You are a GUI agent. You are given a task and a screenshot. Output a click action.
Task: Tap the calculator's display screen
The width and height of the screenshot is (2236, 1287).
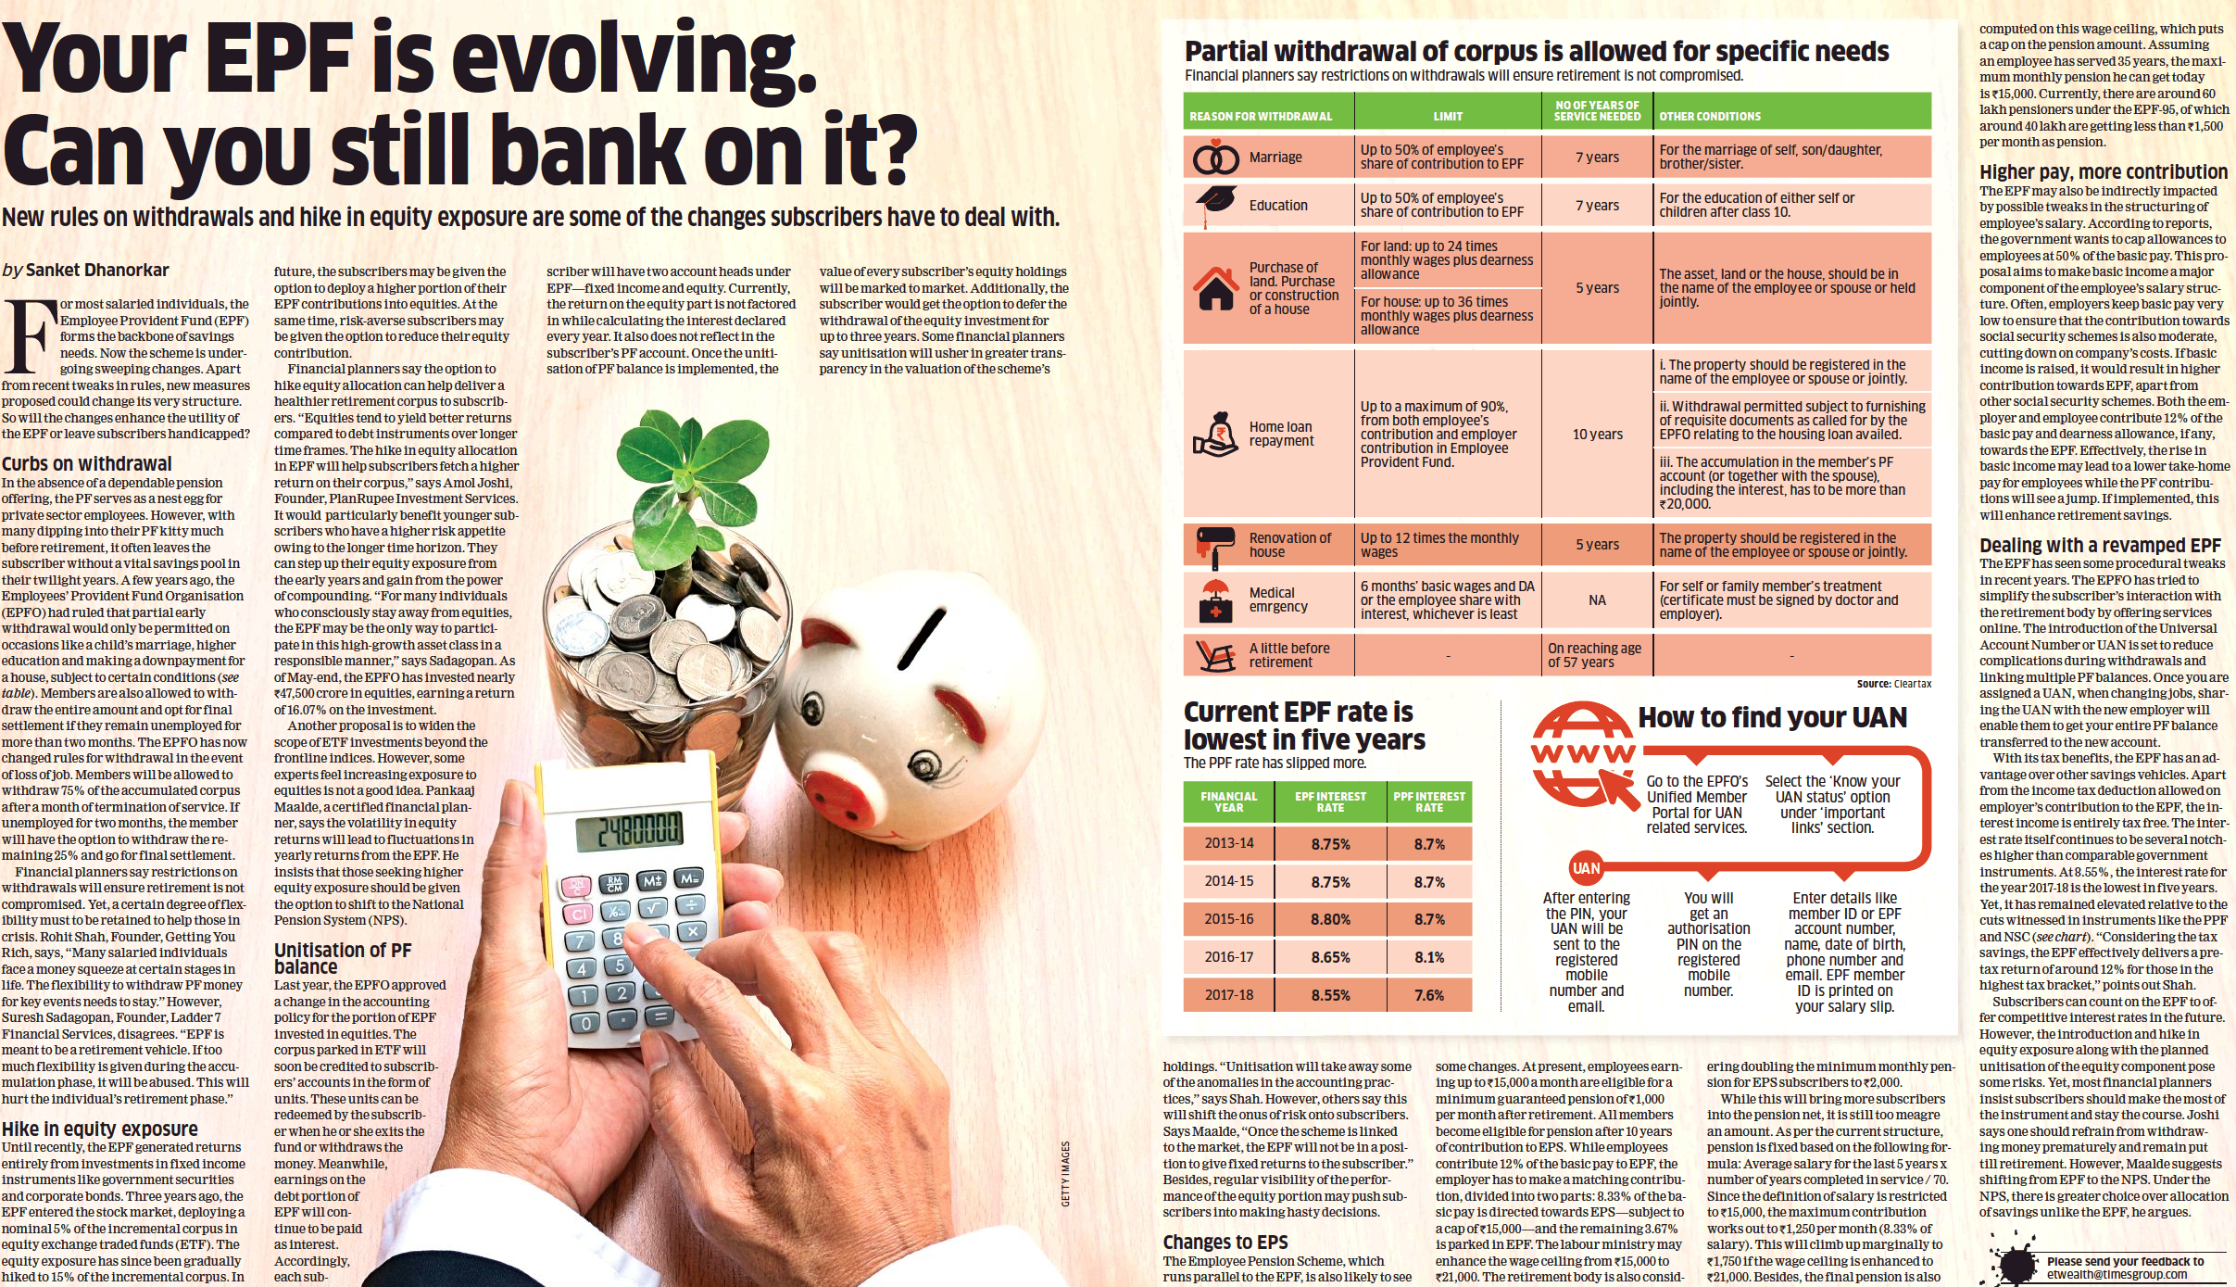[629, 830]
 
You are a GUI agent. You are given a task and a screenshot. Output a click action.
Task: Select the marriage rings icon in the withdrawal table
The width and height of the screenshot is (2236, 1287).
[1215, 158]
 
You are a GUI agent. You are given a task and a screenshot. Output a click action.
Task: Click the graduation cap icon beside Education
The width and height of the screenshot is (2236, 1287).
[1215, 203]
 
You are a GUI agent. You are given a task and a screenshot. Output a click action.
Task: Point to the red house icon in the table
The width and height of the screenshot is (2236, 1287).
[1215, 288]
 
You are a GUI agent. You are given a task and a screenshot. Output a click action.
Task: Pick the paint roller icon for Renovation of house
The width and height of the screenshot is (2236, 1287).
[1215, 545]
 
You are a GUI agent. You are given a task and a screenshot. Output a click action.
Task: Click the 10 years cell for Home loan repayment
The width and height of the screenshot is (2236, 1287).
[1597, 435]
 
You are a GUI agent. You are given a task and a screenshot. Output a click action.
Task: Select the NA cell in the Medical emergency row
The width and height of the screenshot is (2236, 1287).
[1597, 600]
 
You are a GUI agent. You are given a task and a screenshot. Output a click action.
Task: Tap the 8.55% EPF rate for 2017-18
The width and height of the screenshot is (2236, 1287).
[1330, 995]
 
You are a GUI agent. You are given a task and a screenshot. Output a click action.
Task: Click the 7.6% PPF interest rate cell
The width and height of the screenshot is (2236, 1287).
[1429, 995]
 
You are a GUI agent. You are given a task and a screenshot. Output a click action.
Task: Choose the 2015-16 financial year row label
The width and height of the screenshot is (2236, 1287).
[1228, 919]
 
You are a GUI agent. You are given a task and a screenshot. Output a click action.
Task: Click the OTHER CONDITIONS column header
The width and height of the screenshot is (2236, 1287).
[1710, 117]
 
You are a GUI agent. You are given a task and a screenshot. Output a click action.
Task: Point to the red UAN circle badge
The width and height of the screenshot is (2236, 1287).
[1586, 868]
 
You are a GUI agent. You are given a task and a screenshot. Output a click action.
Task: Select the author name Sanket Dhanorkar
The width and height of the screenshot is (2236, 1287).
[97, 271]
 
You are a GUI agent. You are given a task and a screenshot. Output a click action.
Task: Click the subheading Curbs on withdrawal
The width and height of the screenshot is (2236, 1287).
[87, 464]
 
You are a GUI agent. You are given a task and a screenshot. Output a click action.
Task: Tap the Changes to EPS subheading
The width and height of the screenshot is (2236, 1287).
[1225, 1243]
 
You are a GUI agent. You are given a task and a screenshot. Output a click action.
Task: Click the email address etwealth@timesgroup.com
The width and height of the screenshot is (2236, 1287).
[2117, 1275]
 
